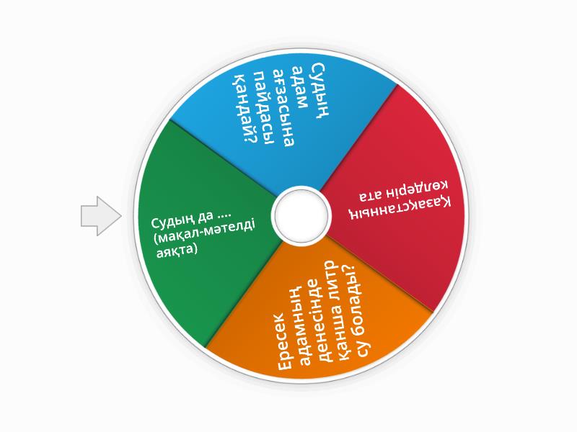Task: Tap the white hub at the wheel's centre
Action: click(301, 215)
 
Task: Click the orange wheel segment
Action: click(320, 312)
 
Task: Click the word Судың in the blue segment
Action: click(319, 91)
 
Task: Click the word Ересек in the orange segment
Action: click(285, 341)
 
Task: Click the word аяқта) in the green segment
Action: click(177, 251)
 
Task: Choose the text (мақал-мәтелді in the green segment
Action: click(204, 233)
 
